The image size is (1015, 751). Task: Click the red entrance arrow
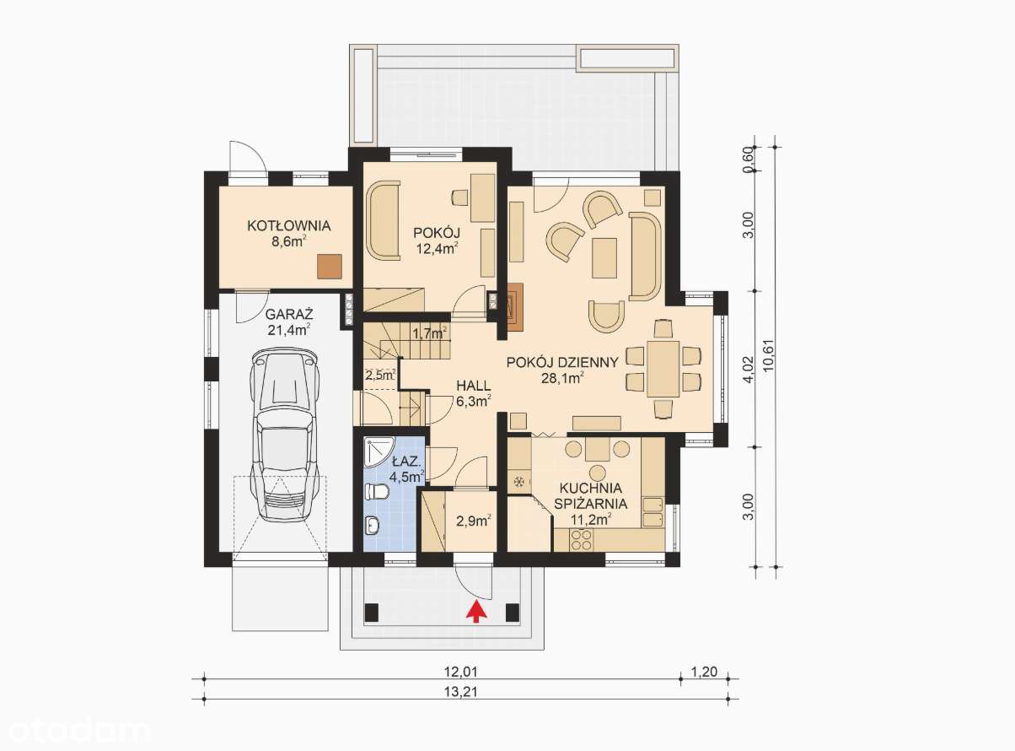(x=476, y=612)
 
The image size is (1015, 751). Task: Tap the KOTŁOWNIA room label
(x=289, y=226)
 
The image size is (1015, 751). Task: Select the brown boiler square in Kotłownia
(x=330, y=266)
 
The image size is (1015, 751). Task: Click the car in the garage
(x=284, y=434)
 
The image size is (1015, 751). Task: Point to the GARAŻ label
(x=289, y=315)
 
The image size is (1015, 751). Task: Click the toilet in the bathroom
(x=377, y=493)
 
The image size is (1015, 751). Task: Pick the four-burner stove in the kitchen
(x=581, y=539)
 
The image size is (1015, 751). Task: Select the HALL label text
(x=474, y=386)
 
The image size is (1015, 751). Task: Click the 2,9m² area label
(x=474, y=521)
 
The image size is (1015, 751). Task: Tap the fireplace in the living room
(x=514, y=306)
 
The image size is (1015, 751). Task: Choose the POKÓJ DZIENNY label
(x=562, y=363)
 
